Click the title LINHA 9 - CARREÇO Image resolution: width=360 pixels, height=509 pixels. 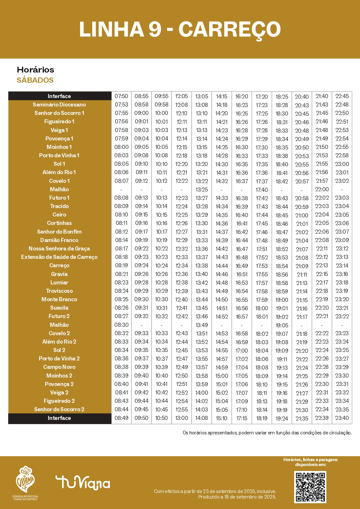pos(180,30)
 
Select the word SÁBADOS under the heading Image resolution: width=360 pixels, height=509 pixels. pos(35,80)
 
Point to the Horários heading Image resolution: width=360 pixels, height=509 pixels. pos(35,70)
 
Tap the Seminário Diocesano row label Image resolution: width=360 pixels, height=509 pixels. pos(59,104)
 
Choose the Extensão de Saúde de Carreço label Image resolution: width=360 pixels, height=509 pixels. pos(59,257)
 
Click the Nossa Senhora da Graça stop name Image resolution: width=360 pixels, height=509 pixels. pos(59,249)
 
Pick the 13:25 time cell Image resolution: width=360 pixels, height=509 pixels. pos(202,189)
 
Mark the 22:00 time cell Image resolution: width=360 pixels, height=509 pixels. pos(322,189)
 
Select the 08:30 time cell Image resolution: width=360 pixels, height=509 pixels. pos(121,325)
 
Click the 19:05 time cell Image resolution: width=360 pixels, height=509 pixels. pos(282,325)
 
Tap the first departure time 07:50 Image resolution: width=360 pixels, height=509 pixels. pos(121,96)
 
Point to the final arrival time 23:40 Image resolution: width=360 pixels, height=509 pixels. pos(342,418)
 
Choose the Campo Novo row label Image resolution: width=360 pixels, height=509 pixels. pos(59,367)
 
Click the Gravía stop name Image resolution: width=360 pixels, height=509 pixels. pos(59,274)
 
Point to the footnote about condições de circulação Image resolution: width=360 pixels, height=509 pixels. pos(267,433)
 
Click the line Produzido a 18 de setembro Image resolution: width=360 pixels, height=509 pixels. pos(237,497)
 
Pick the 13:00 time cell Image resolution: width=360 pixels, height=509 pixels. pos(182,418)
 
